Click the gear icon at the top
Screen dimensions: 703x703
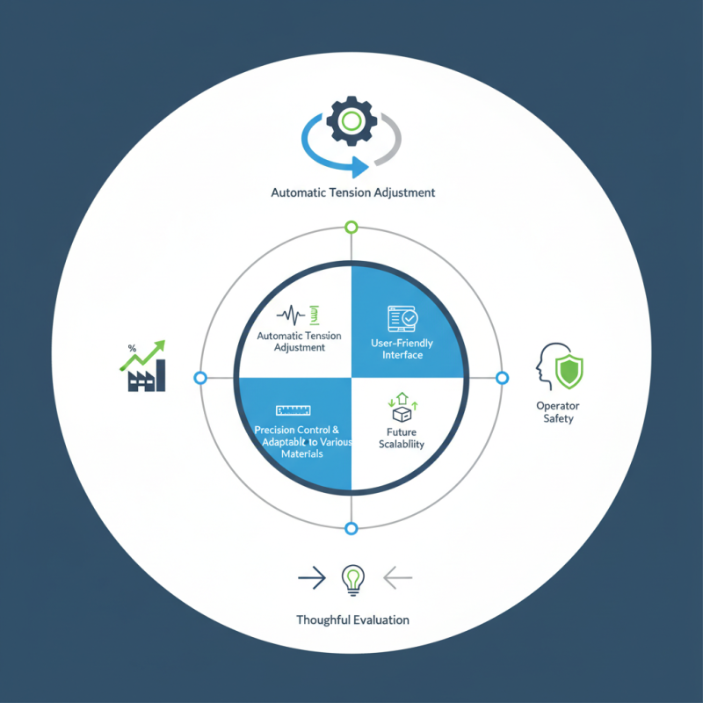tap(351, 122)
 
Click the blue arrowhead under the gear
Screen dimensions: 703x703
tap(359, 166)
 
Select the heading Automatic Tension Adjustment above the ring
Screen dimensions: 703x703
tap(351, 192)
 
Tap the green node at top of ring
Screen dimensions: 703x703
tap(351, 228)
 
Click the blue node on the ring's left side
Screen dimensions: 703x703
tap(200, 378)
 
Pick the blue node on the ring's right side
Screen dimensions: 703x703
tap(502, 378)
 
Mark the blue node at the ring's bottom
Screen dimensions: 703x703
tap(351, 528)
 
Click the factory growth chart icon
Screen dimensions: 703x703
tap(141, 368)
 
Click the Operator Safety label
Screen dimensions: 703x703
tap(558, 412)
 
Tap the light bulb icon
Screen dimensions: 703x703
tap(352, 578)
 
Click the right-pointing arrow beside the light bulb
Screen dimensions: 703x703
tap(311, 578)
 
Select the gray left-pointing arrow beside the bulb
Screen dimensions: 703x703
tap(398, 578)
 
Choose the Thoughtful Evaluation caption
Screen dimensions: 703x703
tap(352, 620)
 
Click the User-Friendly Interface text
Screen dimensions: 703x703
tap(402, 349)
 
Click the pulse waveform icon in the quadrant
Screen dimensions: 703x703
tap(291, 314)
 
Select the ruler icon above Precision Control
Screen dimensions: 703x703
tap(296, 409)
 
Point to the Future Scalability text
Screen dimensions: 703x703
tap(402, 438)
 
